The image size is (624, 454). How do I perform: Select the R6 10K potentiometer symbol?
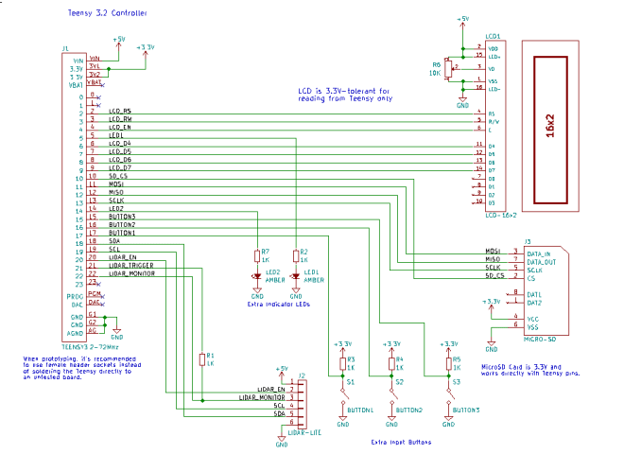[x=450, y=68]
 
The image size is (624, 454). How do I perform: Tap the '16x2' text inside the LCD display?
[x=550, y=130]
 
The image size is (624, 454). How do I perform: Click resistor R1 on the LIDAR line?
[x=201, y=359]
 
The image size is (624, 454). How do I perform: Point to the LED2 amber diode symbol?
[x=257, y=276]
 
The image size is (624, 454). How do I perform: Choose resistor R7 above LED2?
[x=257, y=255]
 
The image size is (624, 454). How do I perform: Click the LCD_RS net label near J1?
[x=120, y=111]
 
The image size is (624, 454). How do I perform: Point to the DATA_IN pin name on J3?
[x=538, y=253]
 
